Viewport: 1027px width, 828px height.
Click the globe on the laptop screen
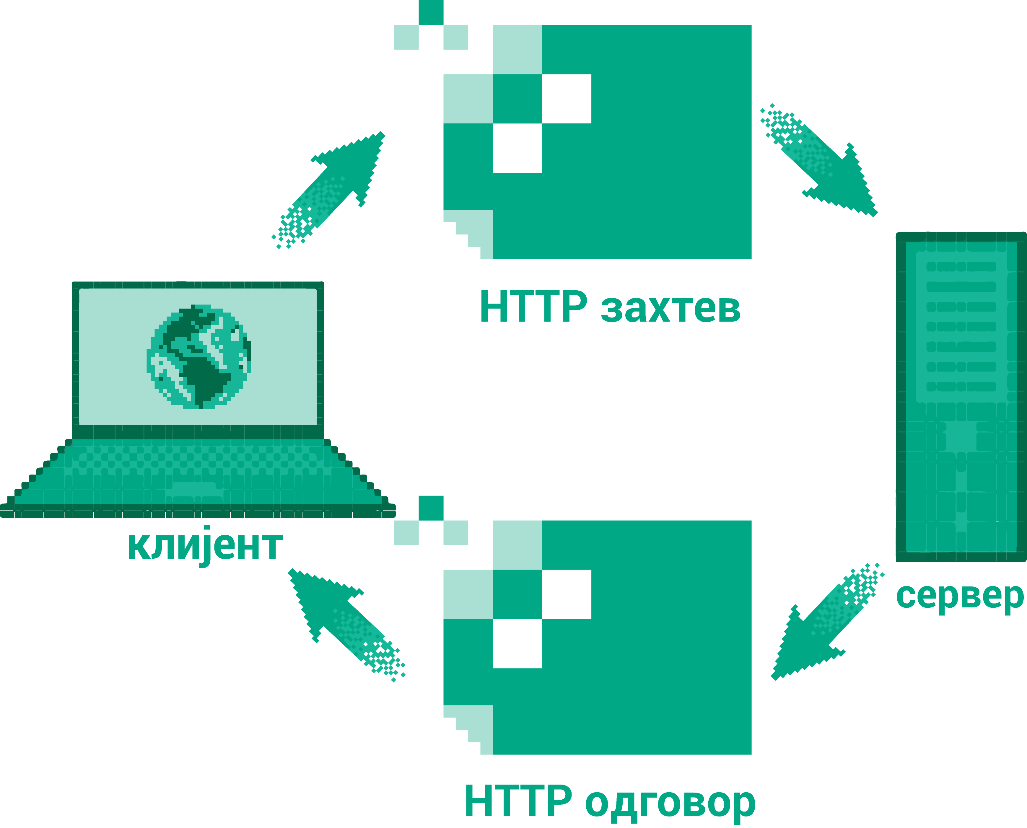[x=198, y=357]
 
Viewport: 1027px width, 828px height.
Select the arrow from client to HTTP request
[x=328, y=190]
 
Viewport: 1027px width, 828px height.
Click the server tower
[x=961, y=397]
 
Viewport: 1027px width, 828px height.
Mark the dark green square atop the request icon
[x=431, y=12]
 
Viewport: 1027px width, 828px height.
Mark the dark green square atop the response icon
[x=431, y=508]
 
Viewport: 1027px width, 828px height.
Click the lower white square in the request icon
[x=517, y=148]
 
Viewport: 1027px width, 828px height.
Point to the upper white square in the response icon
[x=567, y=594]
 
